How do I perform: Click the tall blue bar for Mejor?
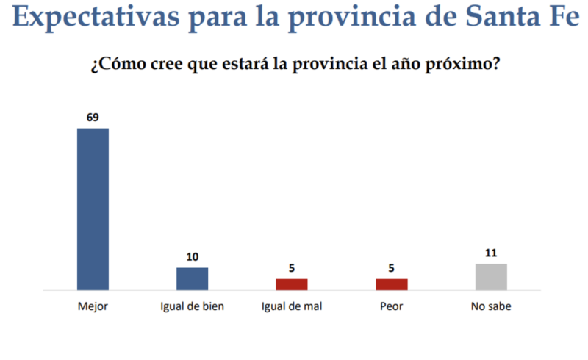click(93, 209)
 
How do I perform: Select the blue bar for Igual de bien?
click(193, 279)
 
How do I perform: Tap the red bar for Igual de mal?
click(292, 284)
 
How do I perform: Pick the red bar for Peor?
click(392, 284)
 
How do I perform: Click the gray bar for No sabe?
click(491, 277)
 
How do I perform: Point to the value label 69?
click(93, 118)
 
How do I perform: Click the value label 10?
click(193, 256)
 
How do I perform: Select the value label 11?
click(491, 253)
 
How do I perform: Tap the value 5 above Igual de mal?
click(292, 268)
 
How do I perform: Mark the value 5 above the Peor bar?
click(392, 268)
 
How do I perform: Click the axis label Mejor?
click(93, 306)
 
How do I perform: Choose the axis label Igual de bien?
click(193, 306)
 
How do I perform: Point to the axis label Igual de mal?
click(292, 306)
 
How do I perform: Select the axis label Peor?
click(392, 306)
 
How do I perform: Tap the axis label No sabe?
click(491, 306)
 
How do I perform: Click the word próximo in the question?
click(462, 65)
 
